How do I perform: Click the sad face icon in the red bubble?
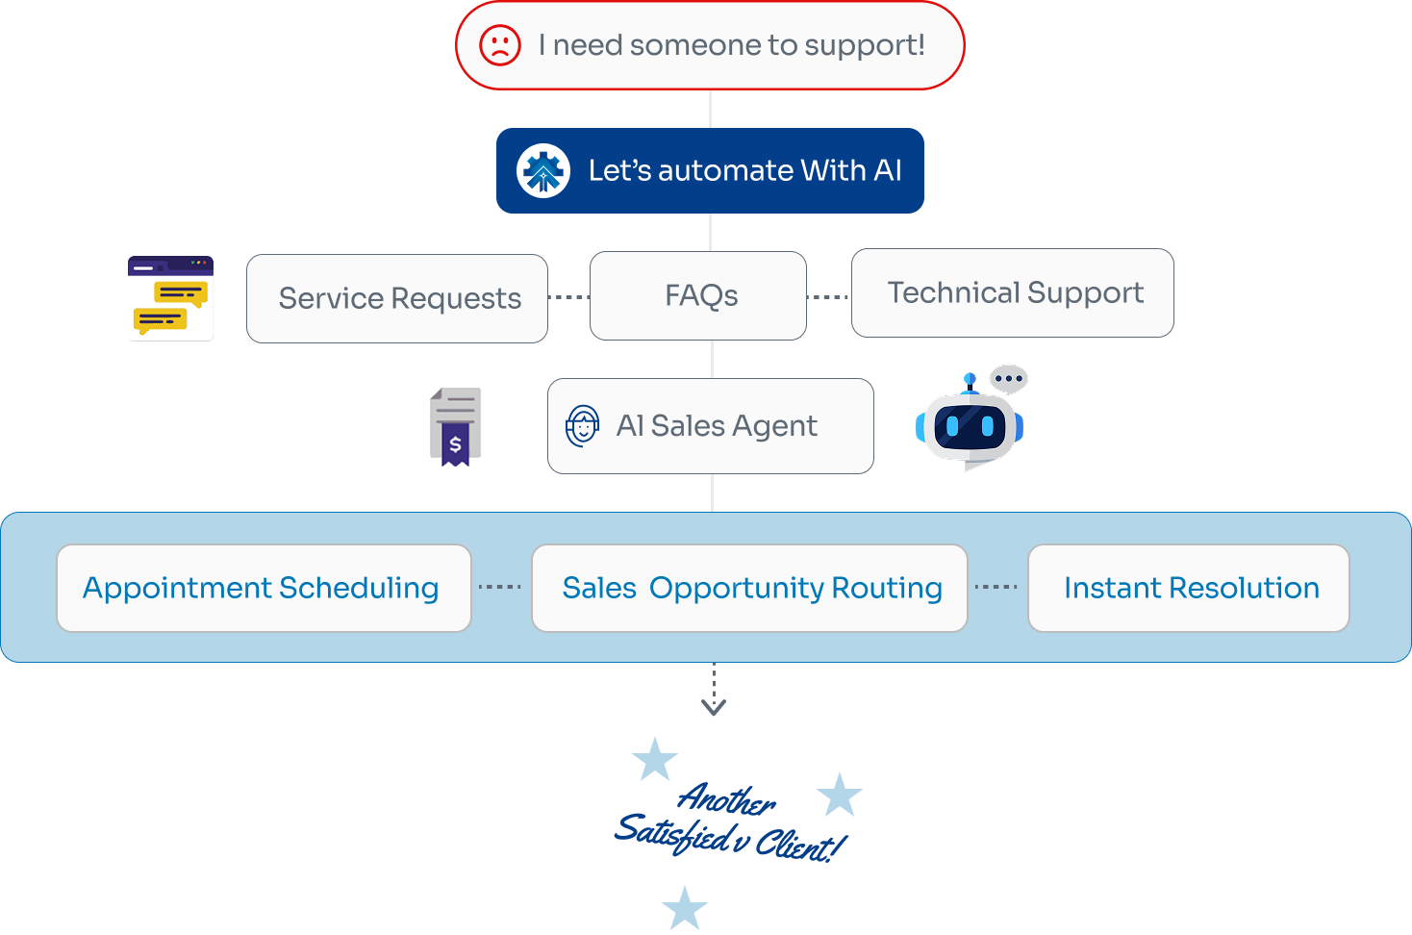tap(500, 45)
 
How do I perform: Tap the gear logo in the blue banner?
tap(543, 171)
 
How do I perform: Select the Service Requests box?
tap(397, 298)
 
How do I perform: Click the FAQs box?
tap(698, 295)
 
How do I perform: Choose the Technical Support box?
tap(1013, 292)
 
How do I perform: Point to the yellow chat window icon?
tap(171, 298)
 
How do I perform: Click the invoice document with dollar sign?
tap(455, 426)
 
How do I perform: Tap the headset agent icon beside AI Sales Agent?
tap(582, 425)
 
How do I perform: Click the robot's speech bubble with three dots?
tap(1009, 379)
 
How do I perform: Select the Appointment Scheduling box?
tap(264, 588)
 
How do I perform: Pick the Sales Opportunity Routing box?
tap(749, 588)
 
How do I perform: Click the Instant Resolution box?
tap(1189, 588)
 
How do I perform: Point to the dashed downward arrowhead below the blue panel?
tap(714, 708)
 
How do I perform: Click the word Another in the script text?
tap(726, 797)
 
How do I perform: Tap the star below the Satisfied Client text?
tap(685, 909)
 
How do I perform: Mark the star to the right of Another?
tap(840, 796)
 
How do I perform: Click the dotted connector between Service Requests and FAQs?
tap(568, 297)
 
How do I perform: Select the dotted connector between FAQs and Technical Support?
tap(828, 297)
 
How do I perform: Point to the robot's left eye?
tap(951, 424)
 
